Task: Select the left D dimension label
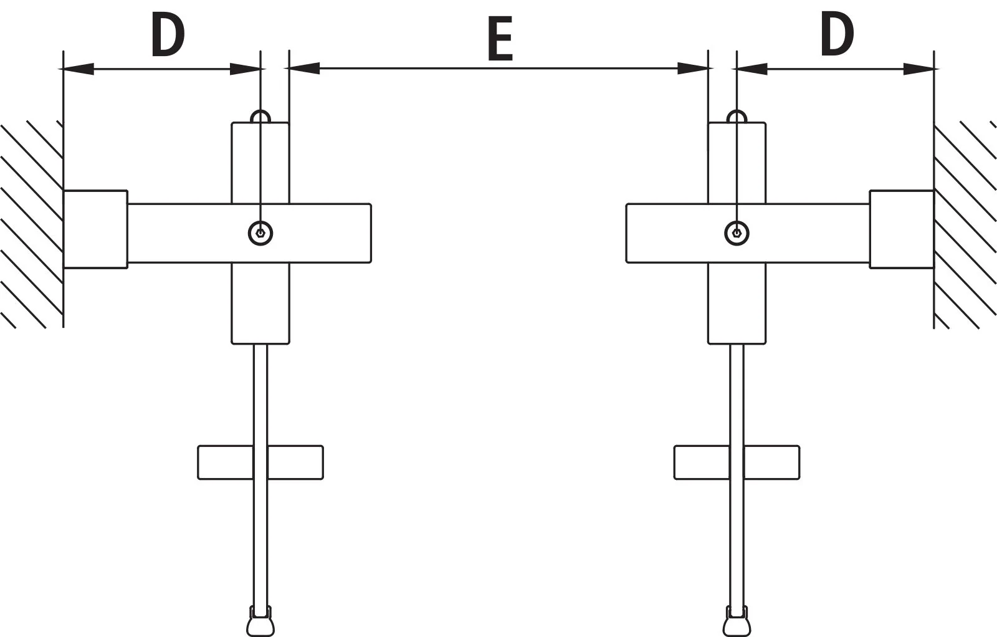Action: [168, 35]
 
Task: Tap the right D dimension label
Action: [837, 35]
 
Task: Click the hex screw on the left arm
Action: [260, 233]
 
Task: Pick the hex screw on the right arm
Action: [737, 233]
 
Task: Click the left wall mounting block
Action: [95, 229]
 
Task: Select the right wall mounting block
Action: [902, 229]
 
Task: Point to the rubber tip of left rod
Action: [260, 621]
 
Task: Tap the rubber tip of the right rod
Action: [737, 621]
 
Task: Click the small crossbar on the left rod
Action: [260, 462]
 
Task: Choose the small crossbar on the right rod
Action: [737, 462]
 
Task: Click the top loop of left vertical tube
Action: [260, 111]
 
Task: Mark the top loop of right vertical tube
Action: [737, 111]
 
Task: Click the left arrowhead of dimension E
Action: [305, 68]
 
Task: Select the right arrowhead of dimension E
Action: [692, 68]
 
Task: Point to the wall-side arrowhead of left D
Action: [79, 69]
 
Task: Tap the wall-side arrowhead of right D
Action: [918, 69]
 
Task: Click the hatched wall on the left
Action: [31, 225]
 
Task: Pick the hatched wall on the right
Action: [965, 225]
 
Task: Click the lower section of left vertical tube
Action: [260, 303]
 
